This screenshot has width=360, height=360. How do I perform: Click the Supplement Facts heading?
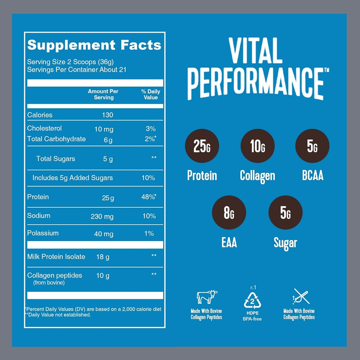coord(94,45)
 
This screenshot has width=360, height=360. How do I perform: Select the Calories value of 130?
coord(108,115)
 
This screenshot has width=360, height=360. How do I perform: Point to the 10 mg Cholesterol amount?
coord(104,129)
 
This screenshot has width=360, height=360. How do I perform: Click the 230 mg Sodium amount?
coord(102,216)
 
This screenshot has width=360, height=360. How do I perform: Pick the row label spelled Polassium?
coord(43,233)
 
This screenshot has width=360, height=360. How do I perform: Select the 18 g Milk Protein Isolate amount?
coord(103,257)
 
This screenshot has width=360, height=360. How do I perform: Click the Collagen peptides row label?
coord(54,275)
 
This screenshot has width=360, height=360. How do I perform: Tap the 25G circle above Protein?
coord(202,146)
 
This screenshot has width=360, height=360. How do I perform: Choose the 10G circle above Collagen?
coord(257,146)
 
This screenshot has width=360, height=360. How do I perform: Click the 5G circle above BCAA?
coord(312,146)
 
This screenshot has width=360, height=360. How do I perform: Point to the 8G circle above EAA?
coord(229,212)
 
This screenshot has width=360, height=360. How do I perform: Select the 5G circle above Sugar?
coord(285,212)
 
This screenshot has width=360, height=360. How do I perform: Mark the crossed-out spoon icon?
coord(301,296)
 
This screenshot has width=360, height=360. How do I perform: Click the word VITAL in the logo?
coord(256,51)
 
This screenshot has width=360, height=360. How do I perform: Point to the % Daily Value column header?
coord(150,94)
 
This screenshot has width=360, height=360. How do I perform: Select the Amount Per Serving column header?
coord(103,94)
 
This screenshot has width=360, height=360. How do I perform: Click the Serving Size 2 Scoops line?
coord(70,62)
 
